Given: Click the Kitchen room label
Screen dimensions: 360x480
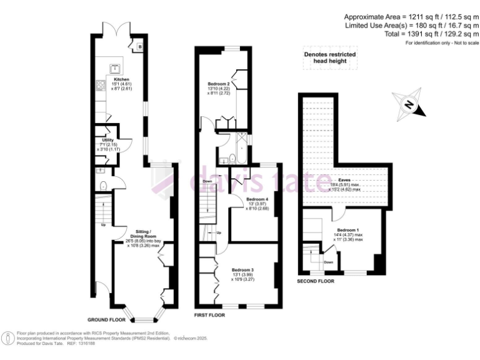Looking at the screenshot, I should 121,79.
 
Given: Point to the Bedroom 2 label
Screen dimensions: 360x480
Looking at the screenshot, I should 219,84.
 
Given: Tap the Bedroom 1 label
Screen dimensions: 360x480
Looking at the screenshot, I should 349,230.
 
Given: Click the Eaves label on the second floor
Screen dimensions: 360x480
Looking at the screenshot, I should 344,179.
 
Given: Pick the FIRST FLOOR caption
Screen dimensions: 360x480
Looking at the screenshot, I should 210,315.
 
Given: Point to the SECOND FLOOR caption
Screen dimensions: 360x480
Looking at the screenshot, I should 316,281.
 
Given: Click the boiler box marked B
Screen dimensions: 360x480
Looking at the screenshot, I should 139,46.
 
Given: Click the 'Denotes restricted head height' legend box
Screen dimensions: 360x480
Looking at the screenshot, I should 330,57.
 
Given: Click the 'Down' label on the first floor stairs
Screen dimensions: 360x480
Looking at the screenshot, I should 207,181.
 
